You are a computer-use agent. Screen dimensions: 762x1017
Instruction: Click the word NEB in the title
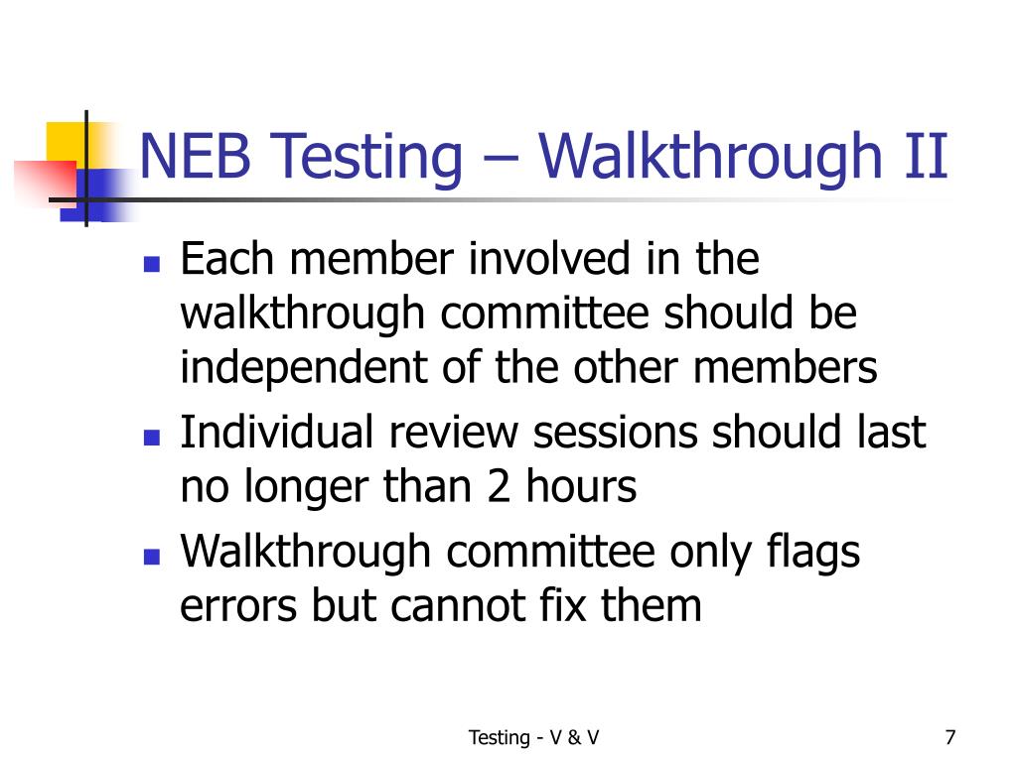pos(193,158)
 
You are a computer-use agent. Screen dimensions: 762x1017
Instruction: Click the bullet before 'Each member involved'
pos(151,266)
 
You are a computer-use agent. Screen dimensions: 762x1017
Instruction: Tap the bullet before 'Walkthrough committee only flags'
pos(151,557)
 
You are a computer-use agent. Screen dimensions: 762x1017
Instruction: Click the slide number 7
pos(950,737)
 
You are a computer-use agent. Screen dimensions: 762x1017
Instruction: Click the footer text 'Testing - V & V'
pos(533,737)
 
